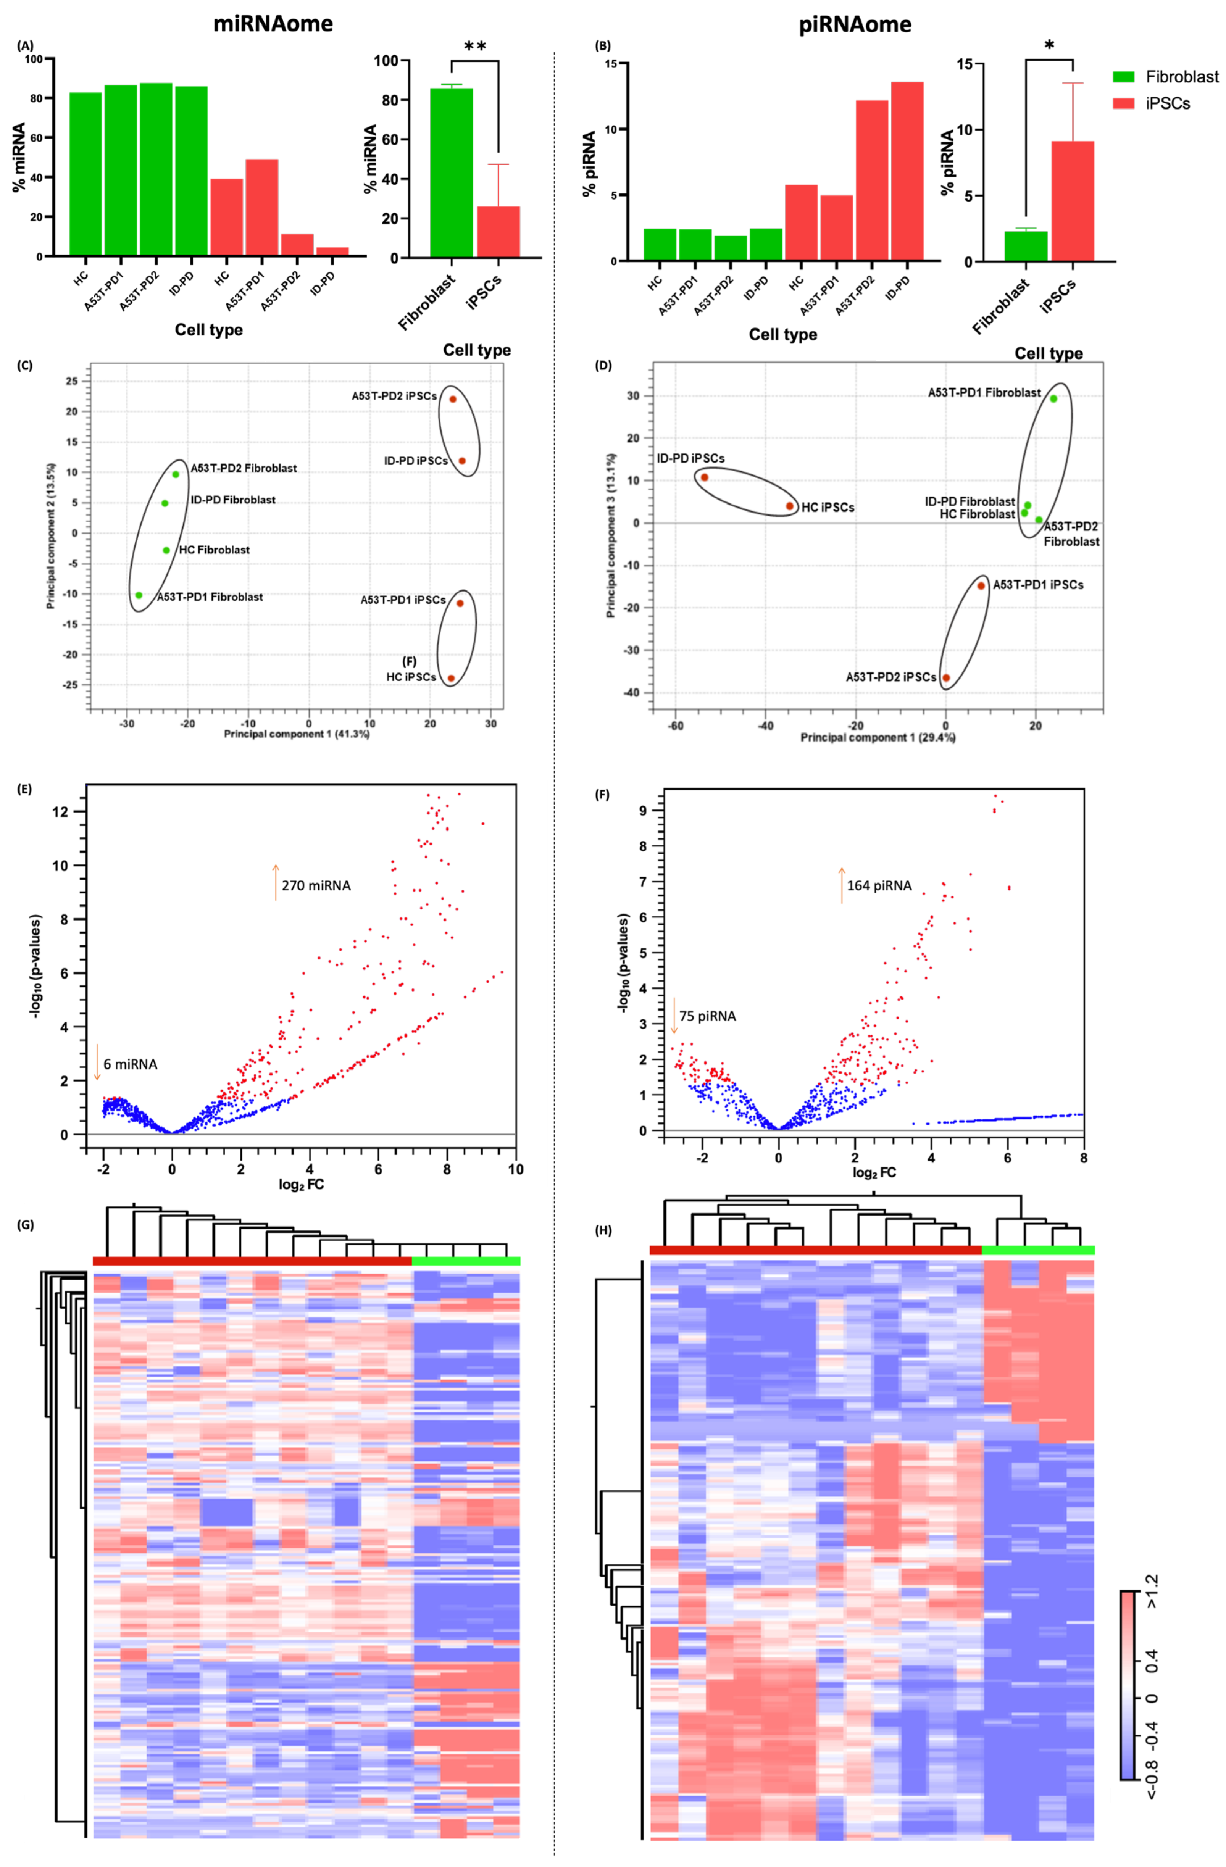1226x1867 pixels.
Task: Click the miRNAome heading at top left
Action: click(x=273, y=24)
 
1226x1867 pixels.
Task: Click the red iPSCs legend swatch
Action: click(x=1123, y=103)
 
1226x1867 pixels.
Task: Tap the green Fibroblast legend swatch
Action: click(x=1123, y=77)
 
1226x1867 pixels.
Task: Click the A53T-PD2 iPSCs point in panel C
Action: click(x=453, y=399)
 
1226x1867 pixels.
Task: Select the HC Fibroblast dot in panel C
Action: click(x=166, y=550)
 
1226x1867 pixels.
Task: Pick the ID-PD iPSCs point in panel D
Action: click(x=704, y=477)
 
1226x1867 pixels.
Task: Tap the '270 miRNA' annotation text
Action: click(x=316, y=886)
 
